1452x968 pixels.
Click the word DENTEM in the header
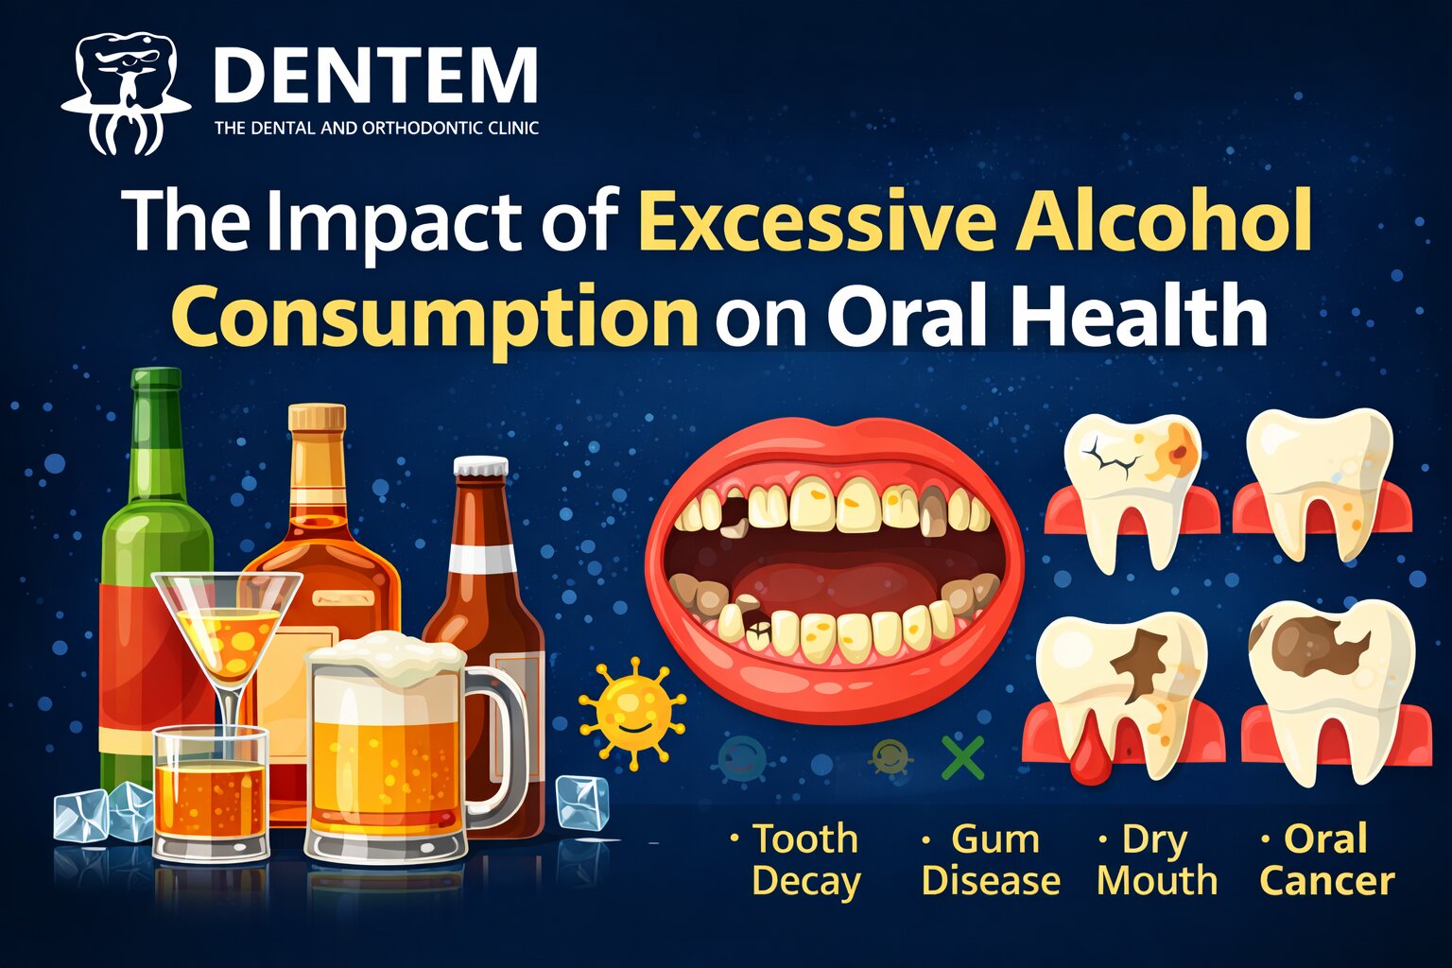pos(375,75)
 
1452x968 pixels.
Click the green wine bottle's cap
pos(156,378)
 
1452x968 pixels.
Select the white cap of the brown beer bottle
pos(480,467)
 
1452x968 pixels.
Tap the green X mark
pos(962,757)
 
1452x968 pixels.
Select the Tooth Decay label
pos(804,859)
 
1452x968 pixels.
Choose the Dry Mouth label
pos(1156,859)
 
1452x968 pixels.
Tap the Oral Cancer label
pos(1326,859)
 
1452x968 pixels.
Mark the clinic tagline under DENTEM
pos(376,128)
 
